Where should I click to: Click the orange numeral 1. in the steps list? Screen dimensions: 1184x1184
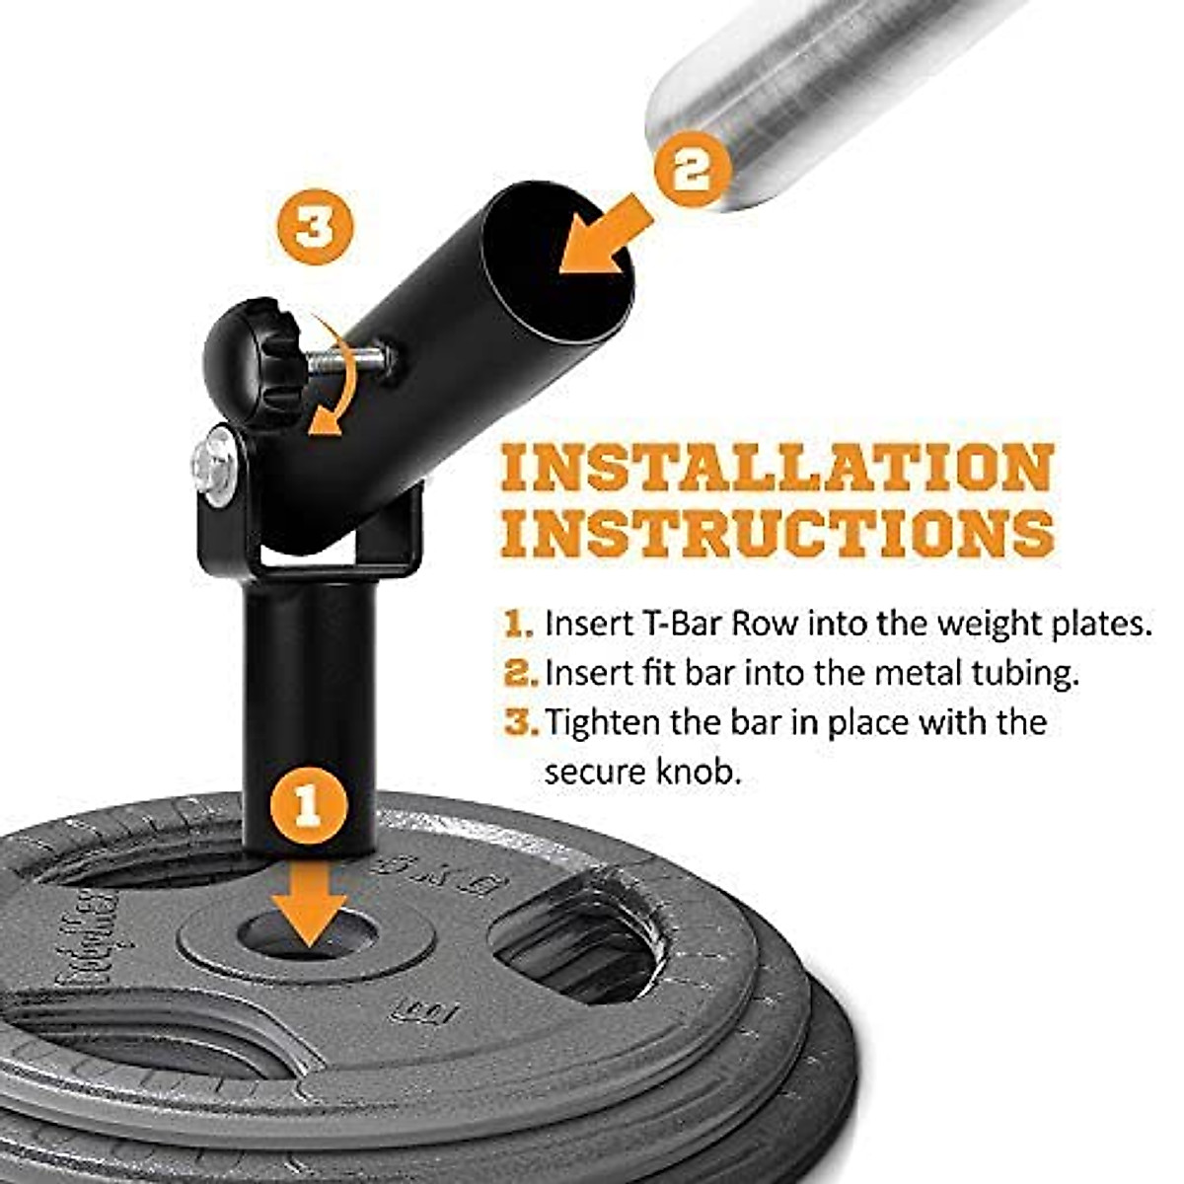click(519, 625)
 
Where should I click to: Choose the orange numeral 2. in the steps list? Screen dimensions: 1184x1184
click(520, 673)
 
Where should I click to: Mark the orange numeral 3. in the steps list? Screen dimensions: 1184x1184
click(520, 721)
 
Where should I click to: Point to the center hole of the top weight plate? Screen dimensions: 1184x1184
click(310, 933)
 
